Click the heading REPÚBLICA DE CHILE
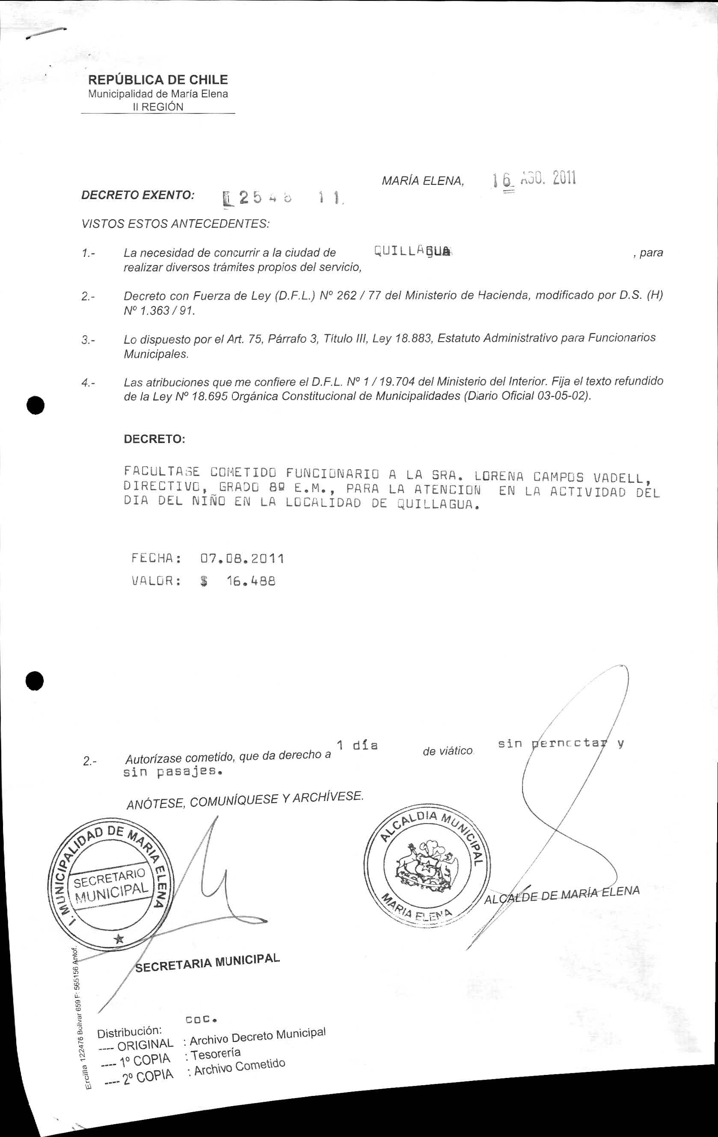click(x=158, y=79)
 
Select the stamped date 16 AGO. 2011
click(x=534, y=179)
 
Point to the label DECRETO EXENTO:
click(x=138, y=195)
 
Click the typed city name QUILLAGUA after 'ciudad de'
click(x=412, y=251)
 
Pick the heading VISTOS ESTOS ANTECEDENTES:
click(x=175, y=224)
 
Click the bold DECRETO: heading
click(x=154, y=439)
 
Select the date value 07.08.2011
click(x=242, y=559)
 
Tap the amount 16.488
click(x=251, y=581)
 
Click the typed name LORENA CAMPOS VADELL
click(x=559, y=476)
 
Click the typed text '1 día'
click(x=357, y=745)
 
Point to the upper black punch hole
click(x=36, y=405)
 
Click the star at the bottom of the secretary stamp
click(x=119, y=939)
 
